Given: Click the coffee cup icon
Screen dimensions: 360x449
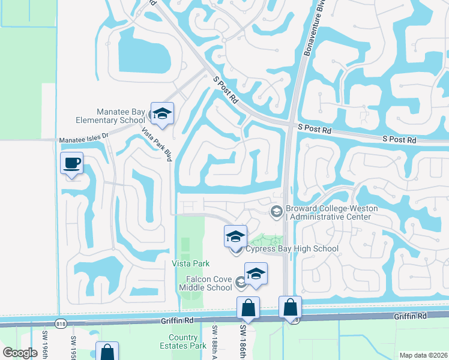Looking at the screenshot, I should [x=72, y=163].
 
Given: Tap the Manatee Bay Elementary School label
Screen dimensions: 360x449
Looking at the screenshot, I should [x=120, y=116].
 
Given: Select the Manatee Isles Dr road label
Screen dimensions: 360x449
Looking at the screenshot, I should [x=83, y=137].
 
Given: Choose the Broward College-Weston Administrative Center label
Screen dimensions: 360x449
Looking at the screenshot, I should [x=333, y=212].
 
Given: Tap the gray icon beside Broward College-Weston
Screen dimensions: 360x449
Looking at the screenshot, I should [x=277, y=210].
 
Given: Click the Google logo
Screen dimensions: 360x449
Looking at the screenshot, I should [x=20, y=352].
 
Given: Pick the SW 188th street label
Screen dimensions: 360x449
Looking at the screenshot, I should [x=214, y=342].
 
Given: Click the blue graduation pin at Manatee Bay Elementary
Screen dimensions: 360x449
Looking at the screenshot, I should [x=162, y=113].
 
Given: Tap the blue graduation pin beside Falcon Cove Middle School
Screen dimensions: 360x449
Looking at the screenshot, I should [x=256, y=275].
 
